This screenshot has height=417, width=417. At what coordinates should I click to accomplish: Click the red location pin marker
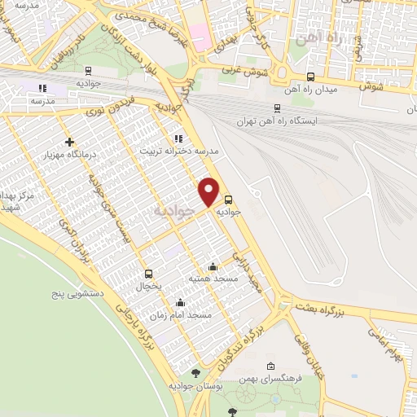209,191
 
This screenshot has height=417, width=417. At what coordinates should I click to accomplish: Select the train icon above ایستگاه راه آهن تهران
276,108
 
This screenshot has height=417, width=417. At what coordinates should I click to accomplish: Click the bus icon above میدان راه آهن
309,77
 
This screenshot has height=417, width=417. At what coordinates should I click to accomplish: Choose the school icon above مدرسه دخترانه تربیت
178,138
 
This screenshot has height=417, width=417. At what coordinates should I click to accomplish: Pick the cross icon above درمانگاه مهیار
69,143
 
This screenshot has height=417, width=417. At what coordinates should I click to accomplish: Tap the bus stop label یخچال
148,288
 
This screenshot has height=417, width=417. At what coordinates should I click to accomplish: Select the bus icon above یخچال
148,274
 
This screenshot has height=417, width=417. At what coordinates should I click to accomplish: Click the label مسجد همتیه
213,279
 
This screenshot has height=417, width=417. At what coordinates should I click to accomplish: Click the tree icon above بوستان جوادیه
195,374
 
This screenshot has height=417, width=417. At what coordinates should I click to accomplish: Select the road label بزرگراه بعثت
342,308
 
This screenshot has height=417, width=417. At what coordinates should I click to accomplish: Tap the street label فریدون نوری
109,108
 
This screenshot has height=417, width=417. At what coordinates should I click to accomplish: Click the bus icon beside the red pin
228,199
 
